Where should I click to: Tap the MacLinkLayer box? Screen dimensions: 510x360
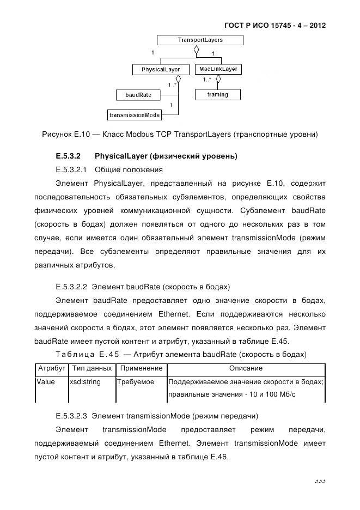pos(218,70)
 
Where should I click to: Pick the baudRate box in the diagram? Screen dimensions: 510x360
pos(138,95)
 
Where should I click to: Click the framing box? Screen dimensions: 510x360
pos(217,94)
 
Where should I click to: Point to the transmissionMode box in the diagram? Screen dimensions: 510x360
pos(135,115)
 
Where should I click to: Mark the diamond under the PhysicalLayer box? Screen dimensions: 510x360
pos(178,80)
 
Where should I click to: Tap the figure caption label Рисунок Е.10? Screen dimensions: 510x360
pos(64,134)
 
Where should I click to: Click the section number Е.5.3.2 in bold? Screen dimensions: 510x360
pos(68,156)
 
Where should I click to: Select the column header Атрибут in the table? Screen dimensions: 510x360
pos(51,368)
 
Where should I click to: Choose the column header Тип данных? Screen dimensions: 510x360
pos(91,368)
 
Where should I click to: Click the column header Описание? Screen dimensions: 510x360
pos(246,368)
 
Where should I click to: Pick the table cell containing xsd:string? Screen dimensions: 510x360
pos(85,382)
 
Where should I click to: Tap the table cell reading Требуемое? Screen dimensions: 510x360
pos(136,382)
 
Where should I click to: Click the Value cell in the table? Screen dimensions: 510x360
pos(46,382)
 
